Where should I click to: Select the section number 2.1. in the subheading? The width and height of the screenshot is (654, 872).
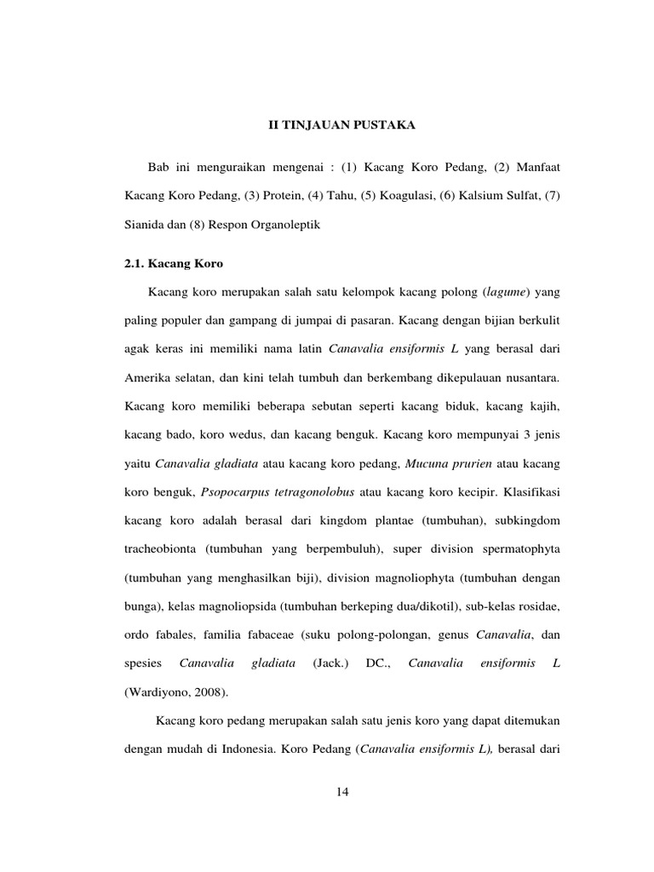point(137,265)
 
